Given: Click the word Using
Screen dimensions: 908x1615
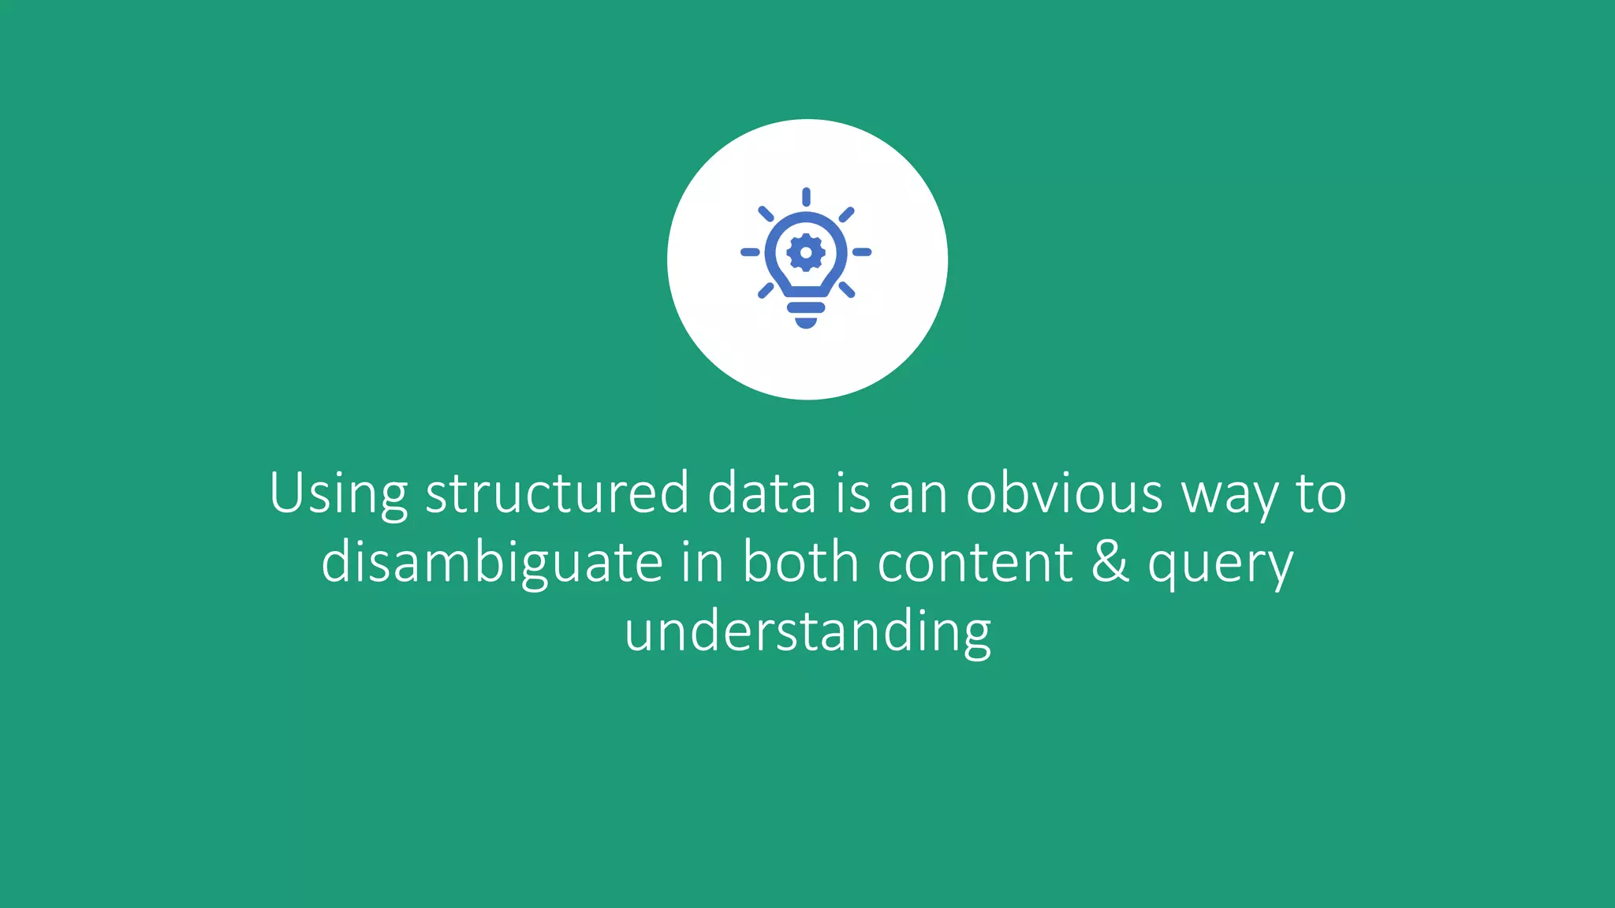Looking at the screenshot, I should [338, 494].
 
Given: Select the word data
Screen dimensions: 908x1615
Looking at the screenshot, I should [762, 493].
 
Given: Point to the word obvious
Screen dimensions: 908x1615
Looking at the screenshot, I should [1065, 493].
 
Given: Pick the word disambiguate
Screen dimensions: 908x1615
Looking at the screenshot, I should [492, 564].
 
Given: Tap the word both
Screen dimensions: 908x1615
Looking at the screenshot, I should [800, 562].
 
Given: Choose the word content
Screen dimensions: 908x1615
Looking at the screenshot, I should [975, 562].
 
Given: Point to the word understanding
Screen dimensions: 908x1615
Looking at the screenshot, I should [807, 633].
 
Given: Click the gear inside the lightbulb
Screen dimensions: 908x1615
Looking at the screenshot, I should [806, 253].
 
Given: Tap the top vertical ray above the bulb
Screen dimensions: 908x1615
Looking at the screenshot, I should [806, 197].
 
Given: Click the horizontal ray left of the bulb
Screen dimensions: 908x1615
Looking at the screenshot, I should [750, 252].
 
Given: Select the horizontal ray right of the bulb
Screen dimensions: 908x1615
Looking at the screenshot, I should [862, 252].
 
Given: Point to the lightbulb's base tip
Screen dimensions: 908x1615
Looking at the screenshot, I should [806, 322].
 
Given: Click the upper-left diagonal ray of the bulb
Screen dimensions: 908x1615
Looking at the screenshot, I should [766, 214].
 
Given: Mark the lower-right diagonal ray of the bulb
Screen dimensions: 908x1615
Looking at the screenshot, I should [846, 290].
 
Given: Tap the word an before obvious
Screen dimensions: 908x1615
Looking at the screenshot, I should [918, 494].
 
